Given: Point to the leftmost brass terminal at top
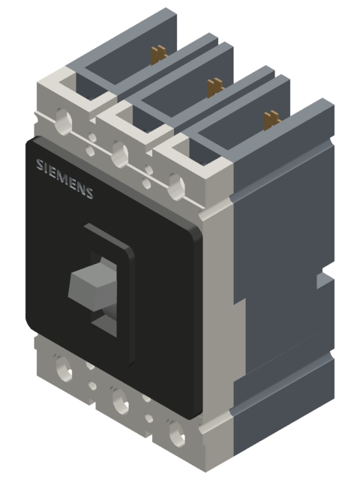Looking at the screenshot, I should click(x=158, y=56).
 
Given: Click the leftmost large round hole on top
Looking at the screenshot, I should click(x=62, y=119).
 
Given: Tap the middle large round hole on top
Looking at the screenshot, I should click(x=118, y=154).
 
